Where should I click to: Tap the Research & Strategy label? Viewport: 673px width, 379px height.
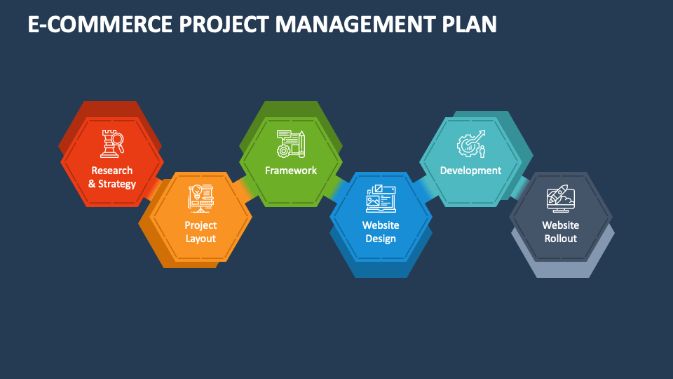click(x=111, y=177)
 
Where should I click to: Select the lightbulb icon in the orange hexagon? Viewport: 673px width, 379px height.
click(x=200, y=199)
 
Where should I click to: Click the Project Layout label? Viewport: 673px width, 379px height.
click(x=200, y=232)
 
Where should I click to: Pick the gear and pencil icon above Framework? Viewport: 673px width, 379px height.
click(x=291, y=143)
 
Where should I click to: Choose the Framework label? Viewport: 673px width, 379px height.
click(x=291, y=171)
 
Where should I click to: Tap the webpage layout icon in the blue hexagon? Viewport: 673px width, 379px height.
click(x=381, y=199)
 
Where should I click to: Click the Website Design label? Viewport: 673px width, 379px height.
click(x=381, y=232)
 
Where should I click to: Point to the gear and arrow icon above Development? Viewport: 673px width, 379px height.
click(x=470, y=145)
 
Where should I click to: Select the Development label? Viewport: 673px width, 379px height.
click(x=470, y=171)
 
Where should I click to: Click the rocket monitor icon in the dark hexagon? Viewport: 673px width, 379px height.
click(x=561, y=199)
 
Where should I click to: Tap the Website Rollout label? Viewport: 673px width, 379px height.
click(x=561, y=232)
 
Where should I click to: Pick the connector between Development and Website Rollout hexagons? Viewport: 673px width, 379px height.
click(x=519, y=187)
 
